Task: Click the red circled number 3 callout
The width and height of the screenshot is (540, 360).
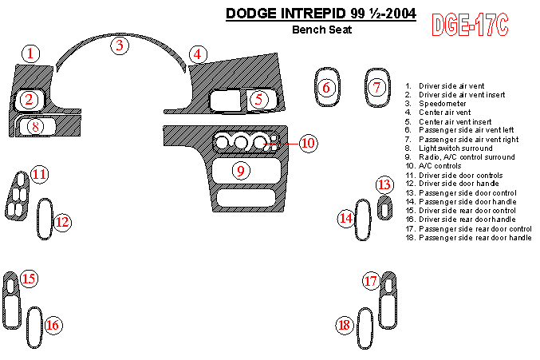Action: pyautogui.click(x=120, y=45)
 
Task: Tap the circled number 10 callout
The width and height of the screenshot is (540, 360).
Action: pyautogui.click(x=308, y=143)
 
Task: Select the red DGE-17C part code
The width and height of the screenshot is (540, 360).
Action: pyautogui.click(x=470, y=26)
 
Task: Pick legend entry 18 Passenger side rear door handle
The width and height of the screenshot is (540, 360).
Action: pyautogui.click(x=475, y=238)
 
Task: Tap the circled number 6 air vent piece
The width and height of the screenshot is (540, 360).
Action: pyautogui.click(x=325, y=87)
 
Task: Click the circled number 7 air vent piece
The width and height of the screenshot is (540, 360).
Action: pyautogui.click(x=378, y=87)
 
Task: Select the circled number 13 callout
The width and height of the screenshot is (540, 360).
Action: pyautogui.click(x=384, y=186)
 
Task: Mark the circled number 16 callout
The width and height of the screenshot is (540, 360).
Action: pyautogui.click(x=53, y=325)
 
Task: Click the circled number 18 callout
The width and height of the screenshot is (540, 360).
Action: pyautogui.click(x=345, y=325)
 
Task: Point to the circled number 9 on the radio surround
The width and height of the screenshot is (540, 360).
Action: pyautogui.click(x=240, y=170)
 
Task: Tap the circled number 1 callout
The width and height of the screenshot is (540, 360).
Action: pyautogui.click(x=30, y=54)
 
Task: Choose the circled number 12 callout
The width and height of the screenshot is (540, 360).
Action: pyautogui.click(x=62, y=223)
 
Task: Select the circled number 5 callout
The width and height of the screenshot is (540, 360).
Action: pyautogui.click(x=258, y=100)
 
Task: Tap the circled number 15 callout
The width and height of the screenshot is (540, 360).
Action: pyautogui.click(x=29, y=279)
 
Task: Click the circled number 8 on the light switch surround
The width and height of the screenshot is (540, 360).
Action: pyautogui.click(x=34, y=126)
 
